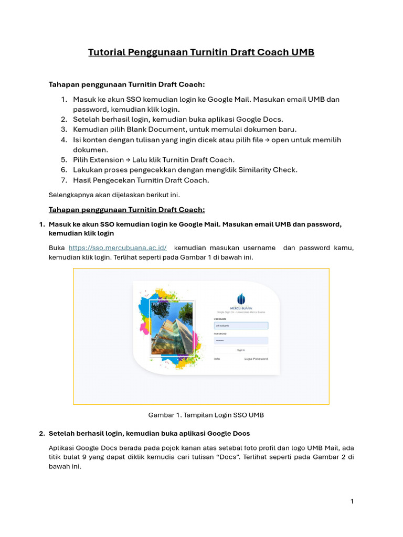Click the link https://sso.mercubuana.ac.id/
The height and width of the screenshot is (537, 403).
(118, 248)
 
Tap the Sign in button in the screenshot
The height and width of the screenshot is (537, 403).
(241, 350)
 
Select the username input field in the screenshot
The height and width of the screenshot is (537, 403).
(241, 325)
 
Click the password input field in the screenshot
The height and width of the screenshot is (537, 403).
(241, 340)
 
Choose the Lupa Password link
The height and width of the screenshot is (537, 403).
(256, 359)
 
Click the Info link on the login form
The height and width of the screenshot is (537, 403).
(217, 359)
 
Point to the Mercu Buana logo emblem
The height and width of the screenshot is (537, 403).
(241, 299)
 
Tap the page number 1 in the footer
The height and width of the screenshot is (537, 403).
(352, 501)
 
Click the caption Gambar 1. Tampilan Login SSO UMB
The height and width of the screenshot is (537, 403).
(206, 415)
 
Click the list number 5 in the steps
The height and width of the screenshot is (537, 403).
(63, 160)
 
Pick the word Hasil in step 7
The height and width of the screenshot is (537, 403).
(82, 180)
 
